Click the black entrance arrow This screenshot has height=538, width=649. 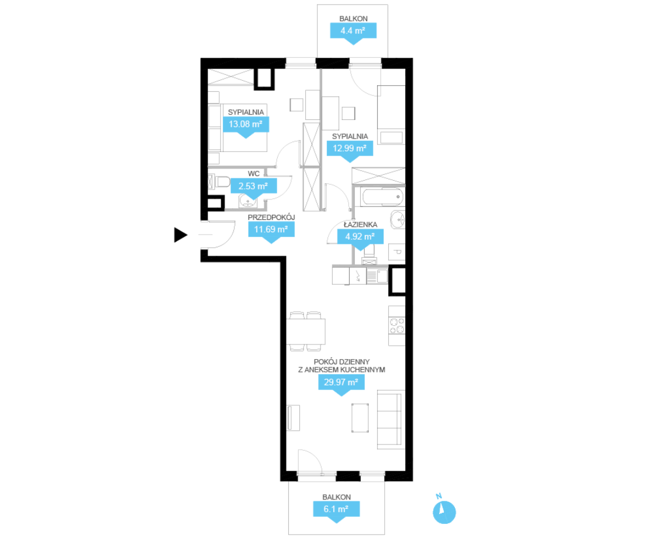point(180,234)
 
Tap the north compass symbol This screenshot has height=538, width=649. point(444,512)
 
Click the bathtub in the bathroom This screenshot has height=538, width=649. point(382,197)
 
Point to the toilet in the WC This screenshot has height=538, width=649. point(219,182)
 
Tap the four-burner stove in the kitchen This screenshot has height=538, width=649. point(397,325)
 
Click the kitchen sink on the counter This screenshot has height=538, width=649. point(377,276)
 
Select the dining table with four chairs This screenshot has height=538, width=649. point(306,332)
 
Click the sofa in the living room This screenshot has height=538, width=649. point(391,419)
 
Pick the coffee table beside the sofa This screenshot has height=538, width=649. point(360,418)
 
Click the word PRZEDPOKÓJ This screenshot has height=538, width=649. point(271,218)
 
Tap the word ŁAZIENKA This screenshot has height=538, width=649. point(361,225)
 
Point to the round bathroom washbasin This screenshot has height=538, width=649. point(398,219)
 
